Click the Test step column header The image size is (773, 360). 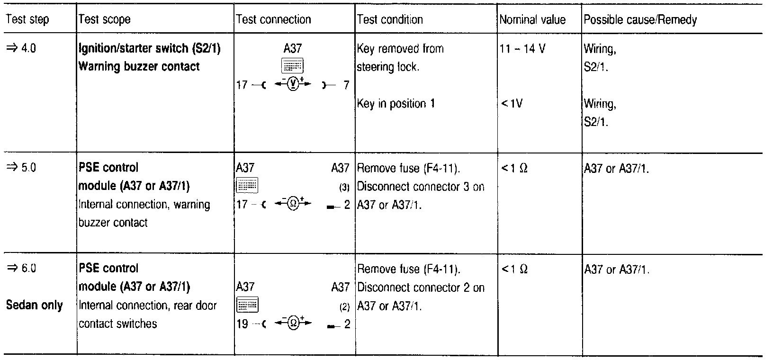click(x=27, y=19)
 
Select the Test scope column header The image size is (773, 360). click(x=104, y=19)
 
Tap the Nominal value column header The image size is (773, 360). click(x=532, y=19)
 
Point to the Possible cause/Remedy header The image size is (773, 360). click(x=640, y=19)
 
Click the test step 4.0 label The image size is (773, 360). click(x=21, y=48)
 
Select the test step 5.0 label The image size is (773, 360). click(x=21, y=168)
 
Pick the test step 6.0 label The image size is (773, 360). click(x=21, y=269)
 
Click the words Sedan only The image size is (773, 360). click(x=34, y=305)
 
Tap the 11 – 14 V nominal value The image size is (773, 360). click(x=522, y=49)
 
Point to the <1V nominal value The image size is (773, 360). click(x=512, y=103)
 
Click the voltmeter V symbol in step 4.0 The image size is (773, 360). click(x=293, y=85)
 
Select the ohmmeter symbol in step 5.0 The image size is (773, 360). click(x=293, y=205)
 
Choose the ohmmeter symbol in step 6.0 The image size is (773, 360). click(x=293, y=324)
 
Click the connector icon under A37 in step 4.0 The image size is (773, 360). click(x=293, y=66)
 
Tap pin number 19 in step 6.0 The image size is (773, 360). click(x=242, y=324)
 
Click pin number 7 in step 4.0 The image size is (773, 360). click(x=346, y=85)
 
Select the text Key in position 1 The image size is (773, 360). click(x=396, y=104)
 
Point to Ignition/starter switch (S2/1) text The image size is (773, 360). click(x=150, y=48)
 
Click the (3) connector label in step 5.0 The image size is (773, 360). click(x=344, y=187)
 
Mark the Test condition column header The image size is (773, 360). click(x=389, y=19)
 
